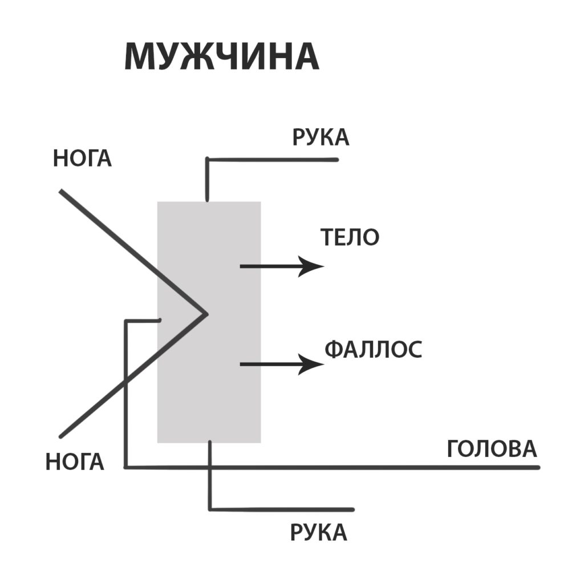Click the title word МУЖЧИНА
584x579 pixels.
(222, 56)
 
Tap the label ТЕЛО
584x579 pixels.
(350, 237)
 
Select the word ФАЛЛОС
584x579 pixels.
(374, 350)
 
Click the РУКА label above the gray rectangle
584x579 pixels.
(321, 137)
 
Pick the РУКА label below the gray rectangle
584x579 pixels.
(318, 532)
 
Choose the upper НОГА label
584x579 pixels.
(82, 158)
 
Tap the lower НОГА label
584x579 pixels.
(75, 462)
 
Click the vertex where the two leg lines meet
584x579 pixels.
(206, 314)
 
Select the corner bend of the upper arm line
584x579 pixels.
(208, 160)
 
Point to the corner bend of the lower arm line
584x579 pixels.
(210, 509)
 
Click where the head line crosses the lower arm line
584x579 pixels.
(210, 467)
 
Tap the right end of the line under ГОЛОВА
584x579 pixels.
(538, 467)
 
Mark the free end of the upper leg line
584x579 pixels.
(60, 191)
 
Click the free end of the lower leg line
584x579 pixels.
(60, 436)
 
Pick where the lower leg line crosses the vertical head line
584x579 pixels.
(126, 382)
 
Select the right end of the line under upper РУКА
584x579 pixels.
(336, 160)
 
